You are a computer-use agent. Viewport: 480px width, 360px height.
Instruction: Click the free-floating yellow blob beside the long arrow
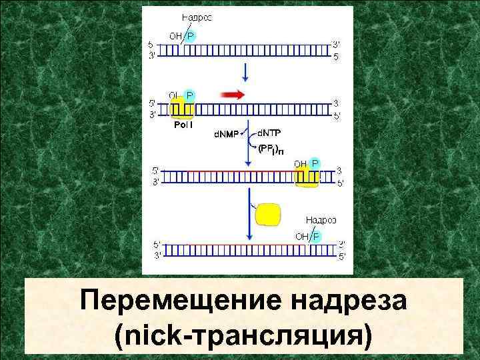click(268, 214)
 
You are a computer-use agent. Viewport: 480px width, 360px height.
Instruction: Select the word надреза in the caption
click(349, 301)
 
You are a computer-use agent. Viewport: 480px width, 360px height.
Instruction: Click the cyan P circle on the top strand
click(190, 36)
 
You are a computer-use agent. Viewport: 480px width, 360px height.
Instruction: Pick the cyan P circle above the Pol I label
click(190, 95)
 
